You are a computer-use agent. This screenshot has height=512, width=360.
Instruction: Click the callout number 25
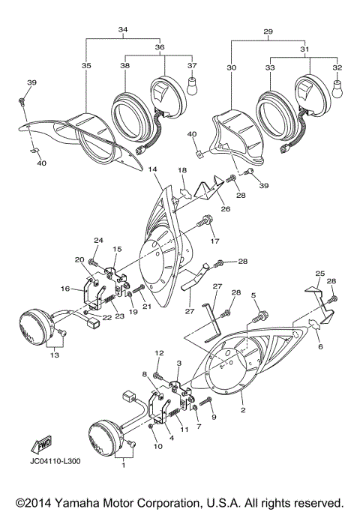click(x=319, y=274)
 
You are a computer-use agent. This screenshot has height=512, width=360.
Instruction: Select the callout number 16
click(x=65, y=288)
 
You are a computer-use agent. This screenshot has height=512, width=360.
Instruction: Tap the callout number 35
click(x=86, y=67)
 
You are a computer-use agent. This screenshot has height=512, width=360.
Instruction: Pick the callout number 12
click(x=158, y=352)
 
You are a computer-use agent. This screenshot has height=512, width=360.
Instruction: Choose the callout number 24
click(x=97, y=241)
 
